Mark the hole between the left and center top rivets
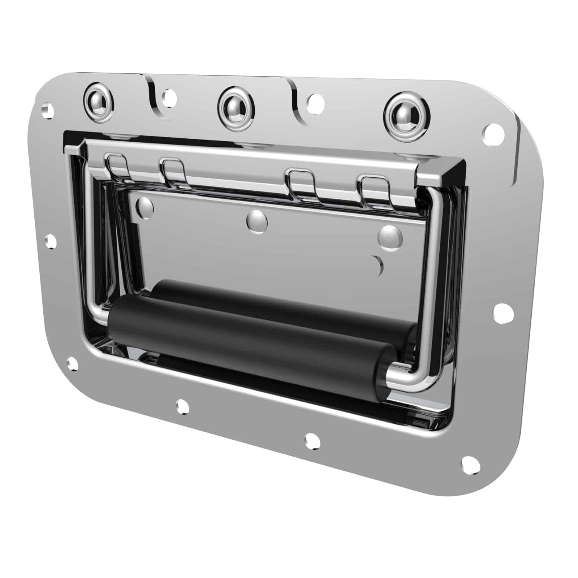pos(169,97)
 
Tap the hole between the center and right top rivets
pos(315,102)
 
